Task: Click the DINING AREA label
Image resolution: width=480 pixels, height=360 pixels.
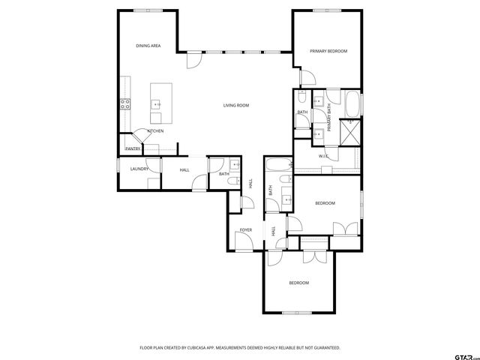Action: pyautogui.click(x=148, y=46)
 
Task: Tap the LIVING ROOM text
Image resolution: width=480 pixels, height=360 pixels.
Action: pyautogui.click(x=235, y=105)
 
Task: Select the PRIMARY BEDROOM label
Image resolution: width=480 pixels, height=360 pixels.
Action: pyautogui.click(x=329, y=51)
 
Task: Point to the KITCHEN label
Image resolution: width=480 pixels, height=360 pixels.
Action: pyautogui.click(x=156, y=131)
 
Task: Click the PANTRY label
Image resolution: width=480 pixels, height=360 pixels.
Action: pyautogui.click(x=133, y=148)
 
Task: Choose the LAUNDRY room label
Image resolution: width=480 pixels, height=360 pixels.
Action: pyautogui.click(x=139, y=169)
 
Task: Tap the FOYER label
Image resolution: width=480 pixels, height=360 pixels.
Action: pyautogui.click(x=245, y=229)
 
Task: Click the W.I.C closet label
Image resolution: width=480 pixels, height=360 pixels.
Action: pyautogui.click(x=324, y=157)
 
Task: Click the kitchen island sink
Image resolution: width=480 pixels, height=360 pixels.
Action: pyautogui.click(x=157, y=104)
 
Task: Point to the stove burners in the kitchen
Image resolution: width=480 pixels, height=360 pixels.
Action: pyautogui.click(x=124, y=105)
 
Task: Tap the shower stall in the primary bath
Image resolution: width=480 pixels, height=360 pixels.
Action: pyautogui.click(x=350, y=133)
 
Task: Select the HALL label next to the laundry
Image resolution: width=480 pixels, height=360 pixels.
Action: pyautogui.click(x=184, y=170)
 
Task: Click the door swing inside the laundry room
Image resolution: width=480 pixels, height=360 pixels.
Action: pyautogui.click(x=153, y=183)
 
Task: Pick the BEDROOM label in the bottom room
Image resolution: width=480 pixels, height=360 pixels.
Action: pyautogui.click(x=299, y=283)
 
